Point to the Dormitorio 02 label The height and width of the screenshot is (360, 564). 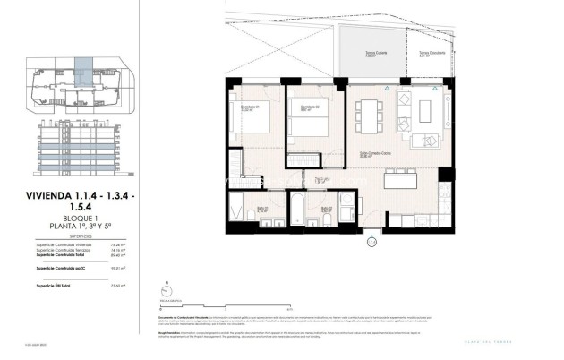(x=311, y=108)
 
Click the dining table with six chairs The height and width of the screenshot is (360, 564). (x=368, y=115)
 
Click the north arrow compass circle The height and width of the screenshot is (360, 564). (x=164, y=290)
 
